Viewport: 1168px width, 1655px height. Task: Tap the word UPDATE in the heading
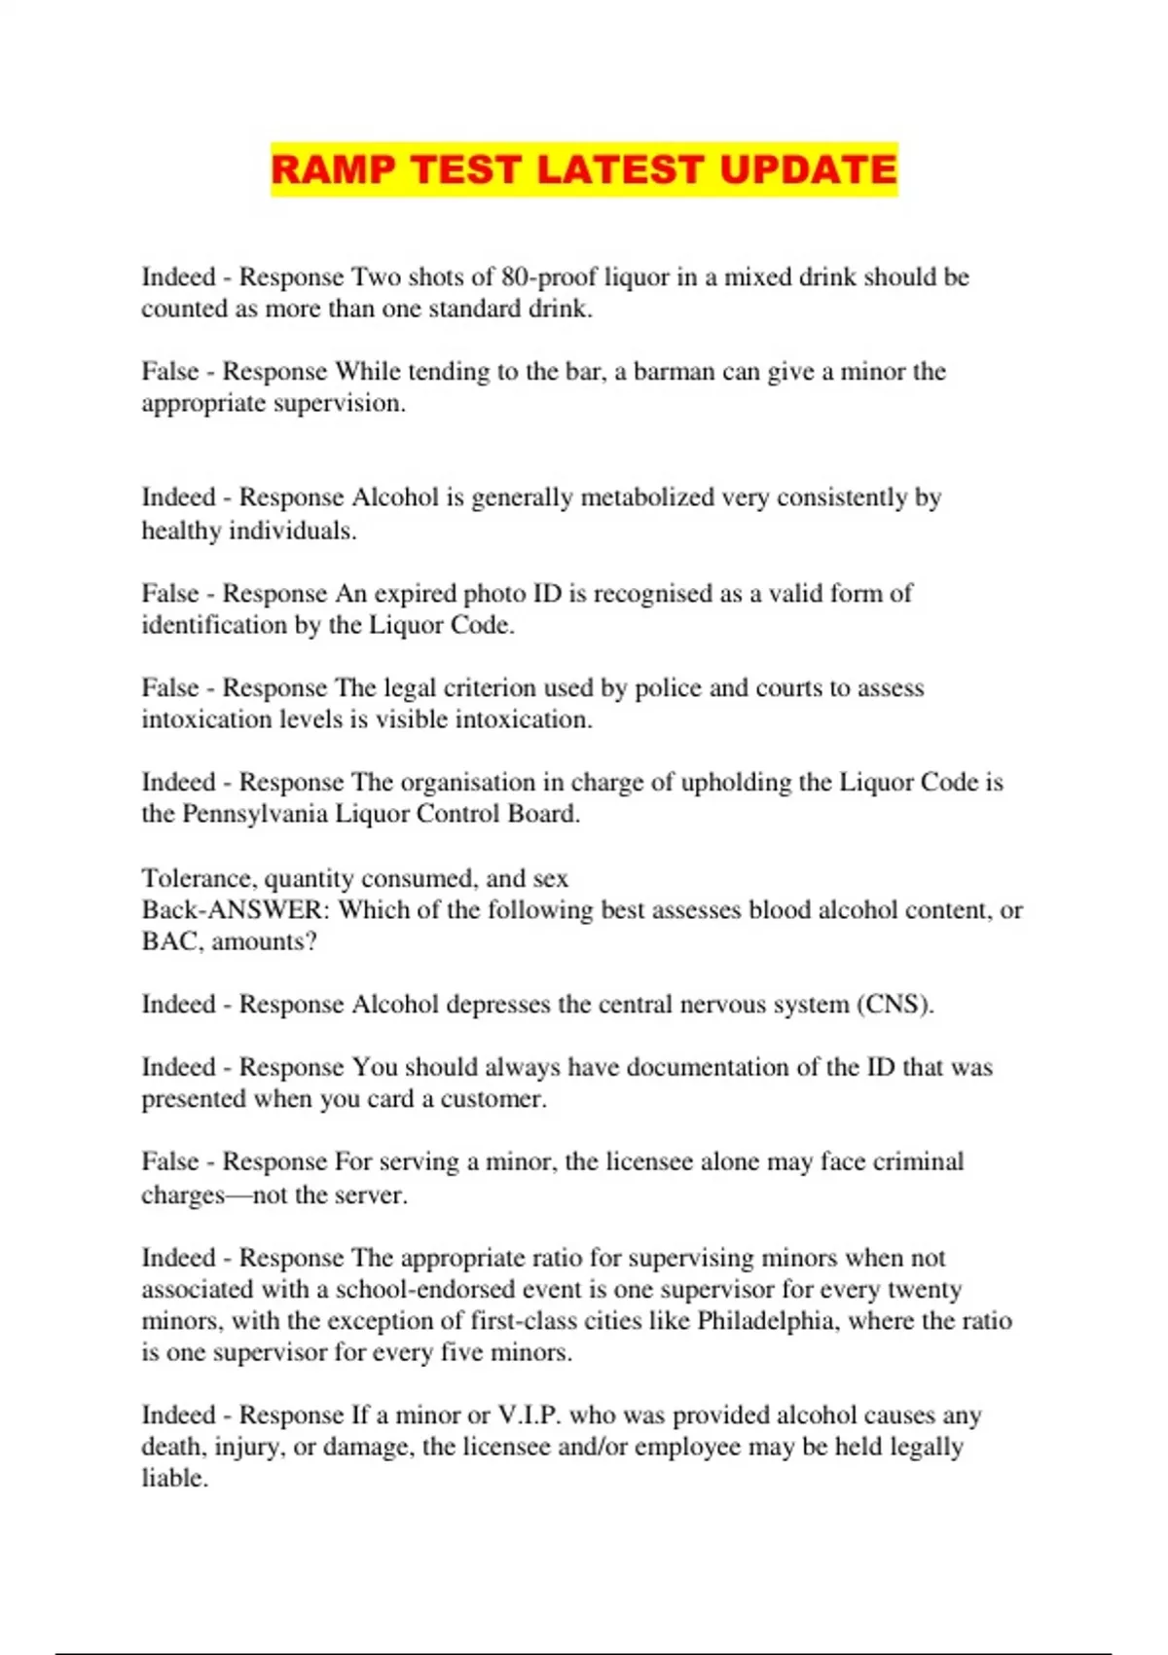[x=808, y=169]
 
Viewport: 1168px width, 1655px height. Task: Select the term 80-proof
[x=549, y=277]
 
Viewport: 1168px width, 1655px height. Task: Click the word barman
[x=674, y=372]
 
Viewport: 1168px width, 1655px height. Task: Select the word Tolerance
[x=199, y=878]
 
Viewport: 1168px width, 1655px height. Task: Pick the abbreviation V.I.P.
[x=529, y=1415]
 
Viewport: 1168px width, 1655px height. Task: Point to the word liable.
[x=174, y=1478]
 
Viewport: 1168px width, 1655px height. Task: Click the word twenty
[x=924, y=1289]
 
